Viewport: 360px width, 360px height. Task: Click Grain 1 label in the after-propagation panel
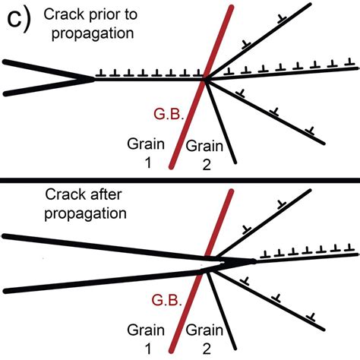pos(144,338)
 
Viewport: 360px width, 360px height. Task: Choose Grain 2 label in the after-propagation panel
pos(200,338)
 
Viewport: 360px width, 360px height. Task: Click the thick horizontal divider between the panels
pos(180,180)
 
